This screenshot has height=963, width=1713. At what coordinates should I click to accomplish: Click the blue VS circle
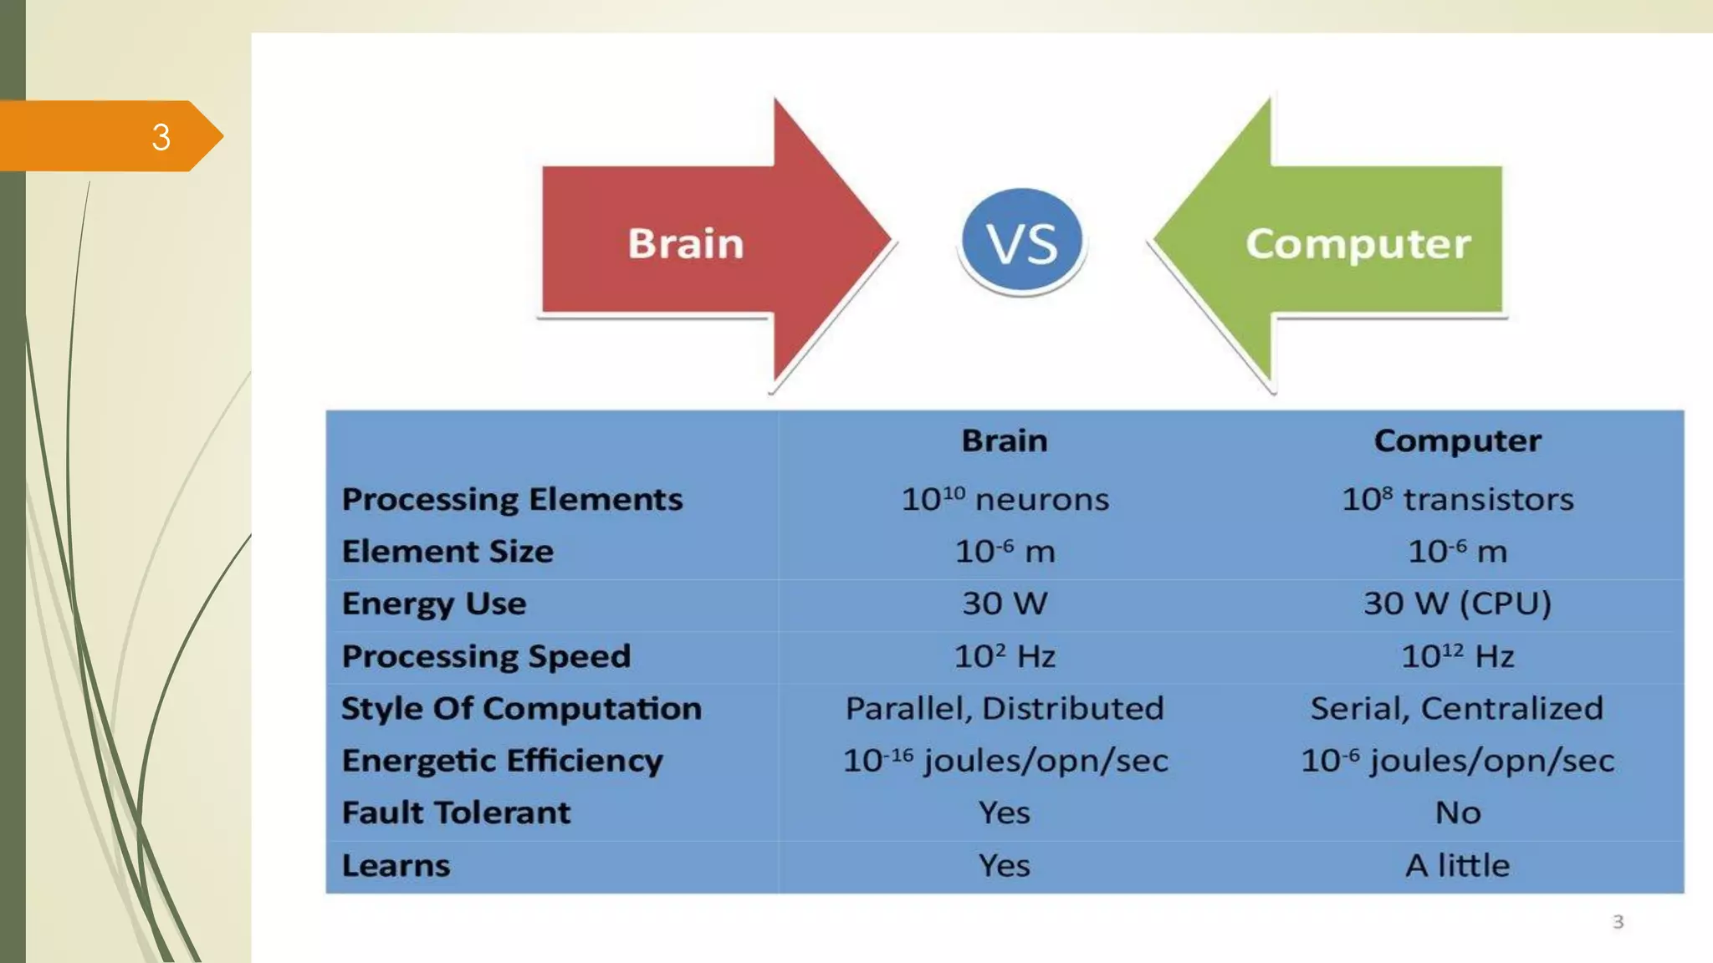click(x=1021, y=242)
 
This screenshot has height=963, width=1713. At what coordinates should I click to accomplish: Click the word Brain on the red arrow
click(x=685, y=243)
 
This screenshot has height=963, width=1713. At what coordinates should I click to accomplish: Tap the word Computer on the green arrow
click(x=1358, y=243)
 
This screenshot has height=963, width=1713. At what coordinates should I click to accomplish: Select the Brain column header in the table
click(x=1004, y=441)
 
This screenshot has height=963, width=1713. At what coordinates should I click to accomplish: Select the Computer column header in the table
click(x=1457, y=441)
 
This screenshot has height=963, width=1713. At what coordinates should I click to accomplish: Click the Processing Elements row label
click(x=512, y=499)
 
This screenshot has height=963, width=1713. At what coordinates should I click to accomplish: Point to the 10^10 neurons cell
click(x=1005, y=499)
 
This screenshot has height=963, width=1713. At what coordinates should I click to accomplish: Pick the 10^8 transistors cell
click(x=1457, y=499)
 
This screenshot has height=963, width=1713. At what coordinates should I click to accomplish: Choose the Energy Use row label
click(x=434, y=604)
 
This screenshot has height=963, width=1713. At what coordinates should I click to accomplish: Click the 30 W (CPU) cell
click(x=1457, y=604)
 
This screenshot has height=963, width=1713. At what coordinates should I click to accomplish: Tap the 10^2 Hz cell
click(x=1005, y=656)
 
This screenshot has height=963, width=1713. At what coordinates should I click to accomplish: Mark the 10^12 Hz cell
click(x=1457, y=656)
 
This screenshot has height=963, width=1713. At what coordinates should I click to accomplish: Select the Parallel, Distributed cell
click(x=1005, y=709)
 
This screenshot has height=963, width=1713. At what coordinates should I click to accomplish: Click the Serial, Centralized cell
click(x=1457, y=709)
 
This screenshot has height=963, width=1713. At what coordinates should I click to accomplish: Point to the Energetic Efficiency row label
click(x=502, y=761)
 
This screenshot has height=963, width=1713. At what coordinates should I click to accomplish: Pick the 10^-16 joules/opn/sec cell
click(x=1005, y=761)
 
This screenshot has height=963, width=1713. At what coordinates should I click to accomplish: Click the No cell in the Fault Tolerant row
click(x=1457, y=813)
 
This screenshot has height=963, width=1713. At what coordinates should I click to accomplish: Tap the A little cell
click(x=1457, y=865)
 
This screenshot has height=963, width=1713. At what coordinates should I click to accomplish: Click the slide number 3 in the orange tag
click(x=161, y=137)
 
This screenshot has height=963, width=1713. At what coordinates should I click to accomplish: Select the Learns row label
click(x=396, y=865)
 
